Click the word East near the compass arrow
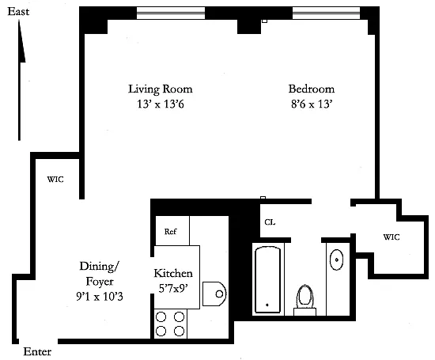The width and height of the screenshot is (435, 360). click(x=18, y=12)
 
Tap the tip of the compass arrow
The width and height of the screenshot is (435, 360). click(x=19, y=21)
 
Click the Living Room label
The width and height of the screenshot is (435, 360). click(x=161, y=89)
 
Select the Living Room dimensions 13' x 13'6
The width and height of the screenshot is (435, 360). click(x=161, y=104)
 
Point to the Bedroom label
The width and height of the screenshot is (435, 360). click(x=312, y=89)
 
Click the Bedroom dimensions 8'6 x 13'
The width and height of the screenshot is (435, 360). click(x=312, y=104)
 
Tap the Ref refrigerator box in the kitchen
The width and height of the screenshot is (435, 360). click(x=172, y=231)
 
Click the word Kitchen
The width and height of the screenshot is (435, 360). click(x=173, y=274)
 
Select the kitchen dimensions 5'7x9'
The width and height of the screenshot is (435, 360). click(x=173, y=289)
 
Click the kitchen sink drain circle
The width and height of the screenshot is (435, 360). click(x=219, y=294)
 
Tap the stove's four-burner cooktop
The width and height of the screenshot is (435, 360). click(x=170, y=324)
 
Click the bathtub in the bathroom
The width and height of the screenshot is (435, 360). click(x=267, y=280)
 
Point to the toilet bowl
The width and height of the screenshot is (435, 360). click(x=304, y=296)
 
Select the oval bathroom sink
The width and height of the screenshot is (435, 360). click(x=336, y=260)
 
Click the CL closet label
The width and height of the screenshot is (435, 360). click(x=270, y=222)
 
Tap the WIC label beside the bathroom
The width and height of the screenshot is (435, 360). click(x=391, y=237)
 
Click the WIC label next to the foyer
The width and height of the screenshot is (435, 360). click(x=55, y=180)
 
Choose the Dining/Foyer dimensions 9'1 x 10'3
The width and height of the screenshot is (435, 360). click(x=100, y=297)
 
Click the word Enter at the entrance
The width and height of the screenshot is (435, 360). click(x=37, y=351)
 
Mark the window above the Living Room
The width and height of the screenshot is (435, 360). click(x=171, y=13)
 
